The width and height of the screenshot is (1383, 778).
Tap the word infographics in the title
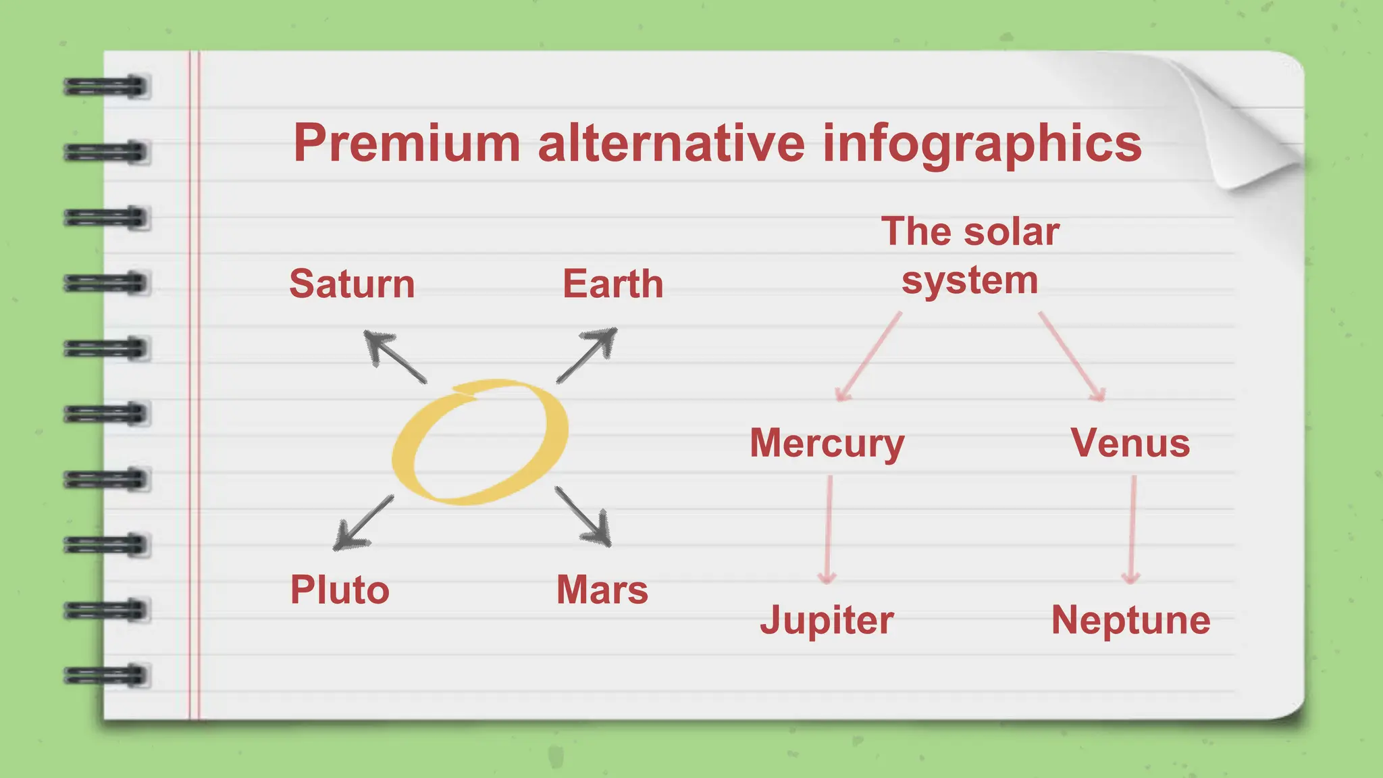[982, 145]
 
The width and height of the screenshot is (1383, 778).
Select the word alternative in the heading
[671, 143]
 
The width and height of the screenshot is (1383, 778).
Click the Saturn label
[352, 284]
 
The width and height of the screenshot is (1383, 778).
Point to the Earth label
[612, 284]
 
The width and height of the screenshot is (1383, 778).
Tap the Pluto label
[340, 590]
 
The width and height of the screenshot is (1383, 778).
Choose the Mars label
[602, 590]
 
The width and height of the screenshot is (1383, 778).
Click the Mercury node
[827, 444]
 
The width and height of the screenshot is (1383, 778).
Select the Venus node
[1130, 444]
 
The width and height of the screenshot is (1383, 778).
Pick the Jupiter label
[827, 620]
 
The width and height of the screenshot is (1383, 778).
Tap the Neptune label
[1130, 620]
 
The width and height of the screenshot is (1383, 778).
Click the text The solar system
[970, 256]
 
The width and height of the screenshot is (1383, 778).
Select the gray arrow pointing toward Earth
[587, 355]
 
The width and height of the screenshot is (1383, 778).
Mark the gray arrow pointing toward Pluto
[363, 523]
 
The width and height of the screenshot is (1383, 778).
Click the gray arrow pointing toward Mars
[583, 516]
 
